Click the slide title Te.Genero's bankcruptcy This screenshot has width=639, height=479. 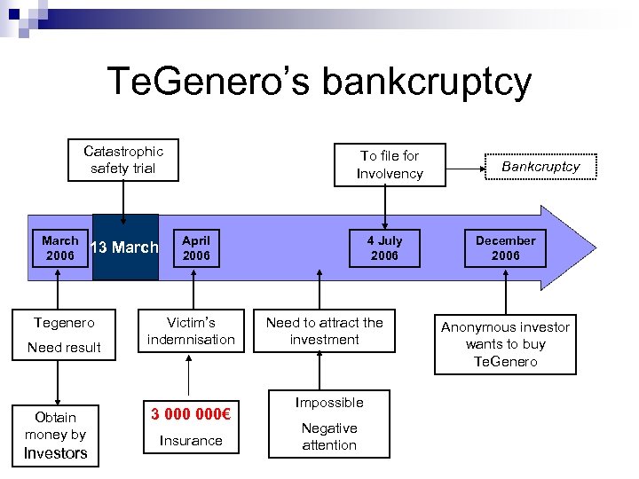coord(319,82)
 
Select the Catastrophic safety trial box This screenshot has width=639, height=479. coord(122,160)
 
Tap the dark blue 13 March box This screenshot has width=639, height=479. coord(125,247)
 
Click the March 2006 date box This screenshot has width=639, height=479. coord(59,248)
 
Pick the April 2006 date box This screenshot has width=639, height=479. coord(196,248)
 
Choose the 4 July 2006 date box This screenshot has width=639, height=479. coord(384,248)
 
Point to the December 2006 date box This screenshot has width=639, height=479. coord(505,248)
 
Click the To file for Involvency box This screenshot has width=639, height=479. coord(390,165)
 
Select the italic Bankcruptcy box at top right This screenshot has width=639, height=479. coord(540,167)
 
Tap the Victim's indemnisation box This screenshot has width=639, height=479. coord(191,331)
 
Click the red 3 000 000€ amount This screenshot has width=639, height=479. coord(192,413)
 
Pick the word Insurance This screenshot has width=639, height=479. coord(191,441)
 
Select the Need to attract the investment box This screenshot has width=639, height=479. coord(324,331)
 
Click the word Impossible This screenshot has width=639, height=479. coord(329,403)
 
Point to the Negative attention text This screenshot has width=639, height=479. coord(329,436)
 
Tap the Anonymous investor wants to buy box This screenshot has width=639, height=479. coord(505,344)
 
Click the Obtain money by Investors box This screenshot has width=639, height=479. coord(55,435)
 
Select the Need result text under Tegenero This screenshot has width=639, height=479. coord(64,348)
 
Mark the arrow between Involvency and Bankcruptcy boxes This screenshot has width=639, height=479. coord(466,165)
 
